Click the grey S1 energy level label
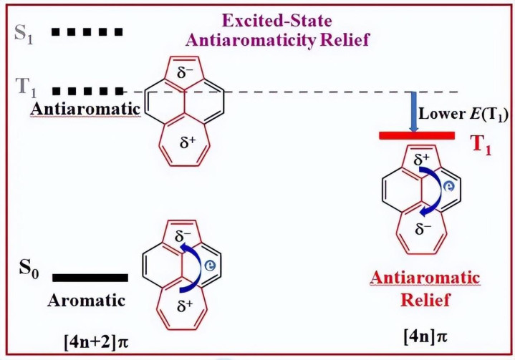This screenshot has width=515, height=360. click(x=24, y=34)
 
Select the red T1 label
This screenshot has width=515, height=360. click(x=481, y=145)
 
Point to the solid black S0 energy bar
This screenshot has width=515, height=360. click(x=90, y=278)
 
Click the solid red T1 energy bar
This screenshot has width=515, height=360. click(x=417, y=135)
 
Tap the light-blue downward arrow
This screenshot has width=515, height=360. click(x=413, y=112)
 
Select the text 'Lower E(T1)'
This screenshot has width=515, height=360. click(x=463, y=114)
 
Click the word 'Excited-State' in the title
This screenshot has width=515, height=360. click(x=277, y=21)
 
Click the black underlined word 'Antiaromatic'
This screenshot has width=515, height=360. click(x=85, y=109)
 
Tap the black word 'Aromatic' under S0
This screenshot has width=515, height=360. click(x=87, y=300)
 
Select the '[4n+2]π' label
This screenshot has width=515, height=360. click(x=96, y=342)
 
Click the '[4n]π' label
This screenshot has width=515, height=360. click(x=425, y=336)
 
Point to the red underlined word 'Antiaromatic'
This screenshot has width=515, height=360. click(x=425, y=278)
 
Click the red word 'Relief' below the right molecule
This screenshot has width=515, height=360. click(x=425, y=300)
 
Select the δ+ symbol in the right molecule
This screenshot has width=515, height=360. click(x=422, y=159)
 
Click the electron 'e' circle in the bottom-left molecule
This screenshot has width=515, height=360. click(x=210, y=265)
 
